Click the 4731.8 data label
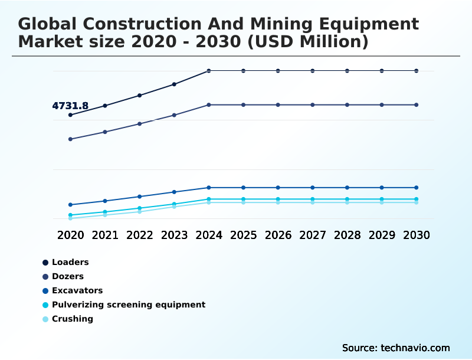pos(70,106)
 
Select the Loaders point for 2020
pos(71,115)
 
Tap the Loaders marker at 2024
pos(209,71)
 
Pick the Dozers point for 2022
pos(140,124)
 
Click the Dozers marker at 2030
pos(417,105)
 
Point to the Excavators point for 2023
pos(174,192)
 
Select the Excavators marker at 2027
pos(313,188)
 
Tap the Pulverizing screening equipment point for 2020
pos(71,215)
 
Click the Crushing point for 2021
pos(105,215)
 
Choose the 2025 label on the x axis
pos(243,235)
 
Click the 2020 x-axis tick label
pos(71,235)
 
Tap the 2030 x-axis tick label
pos(417,235)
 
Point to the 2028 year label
pos(347,235)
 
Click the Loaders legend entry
pos(70,262)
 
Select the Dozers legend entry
pos(67,276)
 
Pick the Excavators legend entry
pos(77,290)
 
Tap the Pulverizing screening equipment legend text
pos(129,305)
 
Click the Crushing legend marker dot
pos(45,319)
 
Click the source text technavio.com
pos(415,348)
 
